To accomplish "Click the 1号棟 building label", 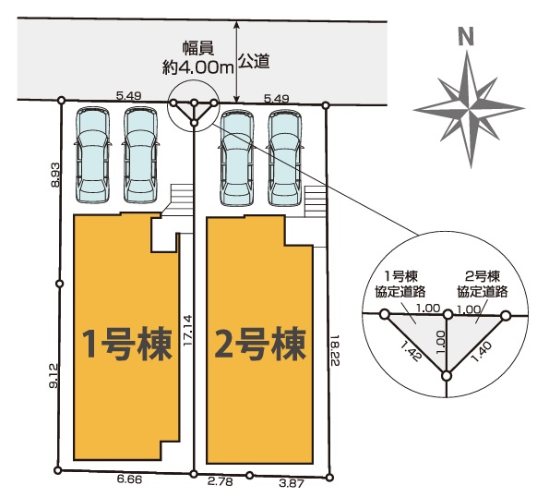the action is coord(127,344).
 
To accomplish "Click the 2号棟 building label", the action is coord(260,344).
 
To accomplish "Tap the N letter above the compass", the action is coord(466,37).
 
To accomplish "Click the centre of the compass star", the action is coord(469,109).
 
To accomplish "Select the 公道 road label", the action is coord(254,61).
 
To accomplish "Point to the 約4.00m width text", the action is coord(197,68).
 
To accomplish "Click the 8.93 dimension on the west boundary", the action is coord(55,175).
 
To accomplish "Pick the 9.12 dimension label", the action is coord(55,376).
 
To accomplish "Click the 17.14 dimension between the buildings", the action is coord(187,331).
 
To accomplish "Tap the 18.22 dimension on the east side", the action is coord(334,350).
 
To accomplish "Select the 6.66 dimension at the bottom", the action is coord(129,479).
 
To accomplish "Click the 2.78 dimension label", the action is coord(221,481).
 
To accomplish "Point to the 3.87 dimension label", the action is coord(292,484).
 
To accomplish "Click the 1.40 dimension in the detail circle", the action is coord(481,352).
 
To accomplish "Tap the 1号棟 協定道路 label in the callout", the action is coord(400,284).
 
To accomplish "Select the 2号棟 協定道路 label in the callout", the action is coord(483,284).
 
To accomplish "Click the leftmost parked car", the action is coord(93,155).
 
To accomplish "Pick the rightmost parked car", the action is coord(286,158).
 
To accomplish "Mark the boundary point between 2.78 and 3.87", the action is coord(250,475).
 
